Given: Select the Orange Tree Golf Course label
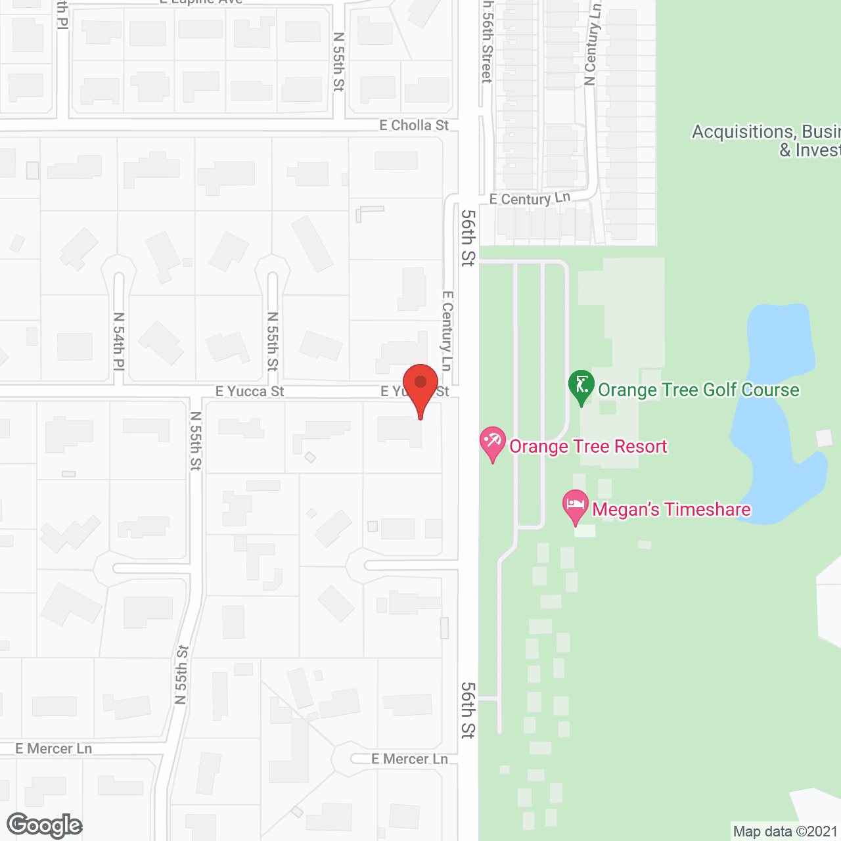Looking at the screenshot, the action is click(698, 390).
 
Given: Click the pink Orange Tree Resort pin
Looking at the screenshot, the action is click(493, 442).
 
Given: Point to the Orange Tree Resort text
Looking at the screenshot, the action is click(588, 447).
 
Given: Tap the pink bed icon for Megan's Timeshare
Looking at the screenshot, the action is click(576, 506).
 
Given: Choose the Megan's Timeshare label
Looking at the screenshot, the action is click(671, 509).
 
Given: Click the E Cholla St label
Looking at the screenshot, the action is click(414, 125).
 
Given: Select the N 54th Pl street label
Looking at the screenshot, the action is click(119, 341).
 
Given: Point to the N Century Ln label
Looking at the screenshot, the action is click(592, 45).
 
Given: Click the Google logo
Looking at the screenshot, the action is click(45, 825).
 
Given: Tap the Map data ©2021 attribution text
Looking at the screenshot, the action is click(784, 831).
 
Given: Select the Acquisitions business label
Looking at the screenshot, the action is click(765, 141).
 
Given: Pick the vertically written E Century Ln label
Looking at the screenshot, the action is click(447, 330).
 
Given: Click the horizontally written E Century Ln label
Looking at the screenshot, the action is click(530, 198).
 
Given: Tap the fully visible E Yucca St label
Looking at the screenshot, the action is click(250, 392).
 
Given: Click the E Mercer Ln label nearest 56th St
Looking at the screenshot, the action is click(409, 759).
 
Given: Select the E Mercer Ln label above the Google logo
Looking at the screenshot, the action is click(54, 748).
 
